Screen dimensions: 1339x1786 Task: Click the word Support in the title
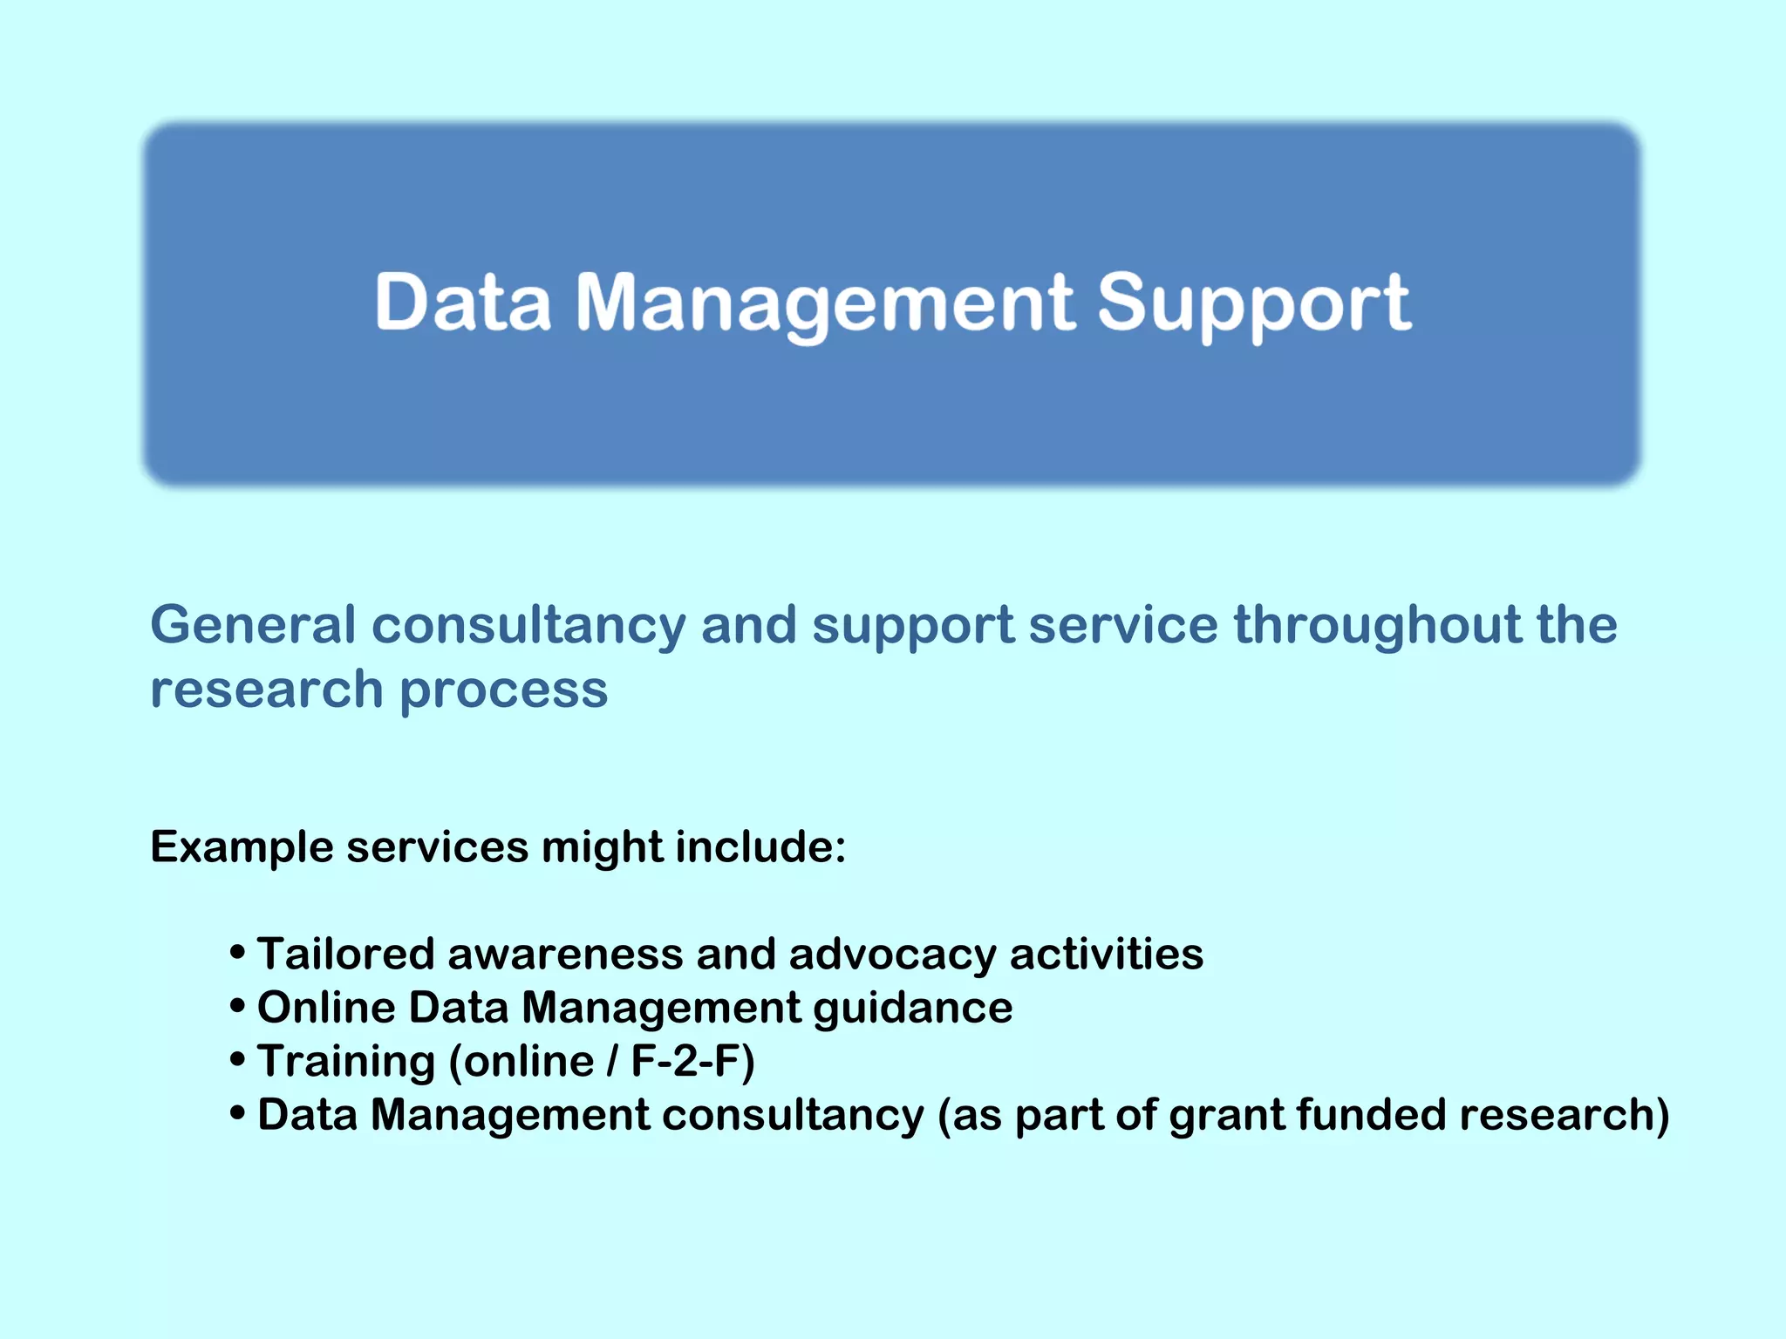coord(1253,303)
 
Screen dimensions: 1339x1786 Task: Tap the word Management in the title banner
coord(824,303)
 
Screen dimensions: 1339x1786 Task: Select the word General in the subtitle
coord(253,625)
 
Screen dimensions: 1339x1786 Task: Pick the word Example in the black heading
coord(242,847)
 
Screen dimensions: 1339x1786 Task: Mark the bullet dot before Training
coord(237,1060)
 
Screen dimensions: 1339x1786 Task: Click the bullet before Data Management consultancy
coord(237,1114)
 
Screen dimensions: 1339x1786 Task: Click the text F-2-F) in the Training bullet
coord(692,1062)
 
